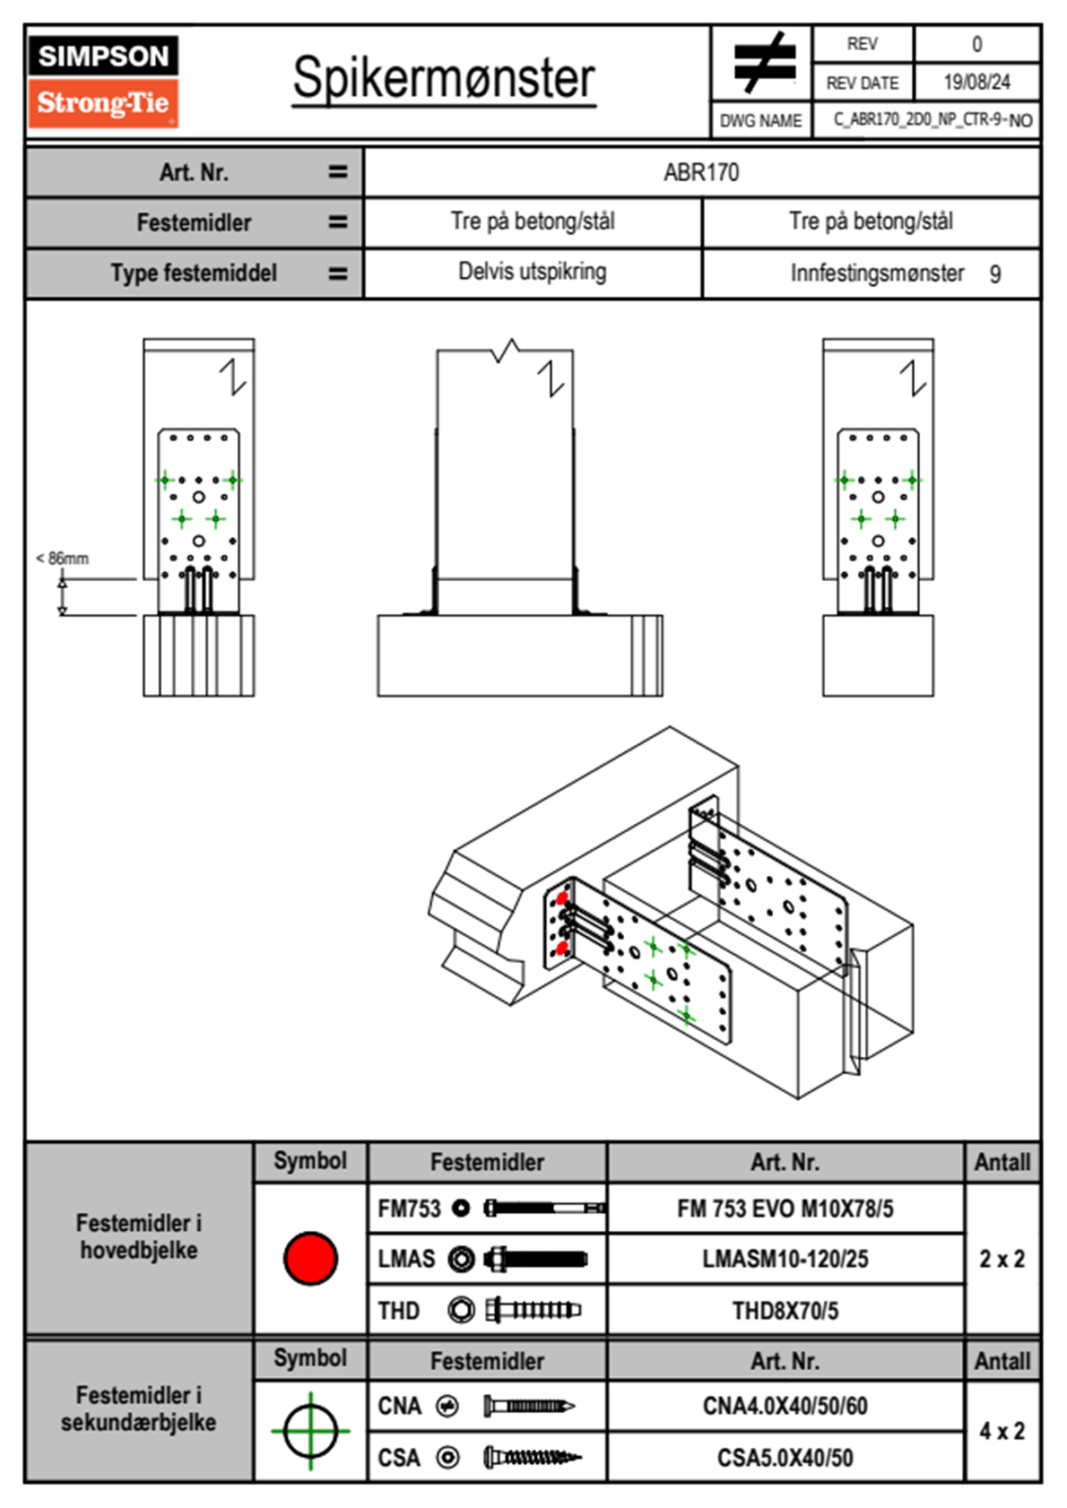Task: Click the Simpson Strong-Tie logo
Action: click(102, 81)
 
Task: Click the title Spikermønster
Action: click(444, 78)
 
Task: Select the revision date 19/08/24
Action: click(976, 82)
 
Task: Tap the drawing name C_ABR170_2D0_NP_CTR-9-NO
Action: click(933, 120)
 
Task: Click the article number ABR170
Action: click(701, 172)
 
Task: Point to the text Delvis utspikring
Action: click(532, 272)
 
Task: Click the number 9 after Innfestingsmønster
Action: click(995, 274)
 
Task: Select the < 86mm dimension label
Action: click(63, 559)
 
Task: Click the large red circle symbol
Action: click(310, 1259)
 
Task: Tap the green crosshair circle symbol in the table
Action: click(310, 1431)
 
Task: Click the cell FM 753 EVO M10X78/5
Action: click(785, 1209)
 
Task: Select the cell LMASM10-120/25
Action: click(785, 1259)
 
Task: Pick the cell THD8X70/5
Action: click(785, 1311)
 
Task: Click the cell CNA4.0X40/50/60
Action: click(785, 1406)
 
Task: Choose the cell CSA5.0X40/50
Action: click(785, 1458)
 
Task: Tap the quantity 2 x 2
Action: click(1002, 1259)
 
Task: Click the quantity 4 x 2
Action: click(1002, 1431)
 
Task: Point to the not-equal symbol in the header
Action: click(763, 64)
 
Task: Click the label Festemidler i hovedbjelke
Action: click(139, 1236)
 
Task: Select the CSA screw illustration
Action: click(532, 1458)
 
